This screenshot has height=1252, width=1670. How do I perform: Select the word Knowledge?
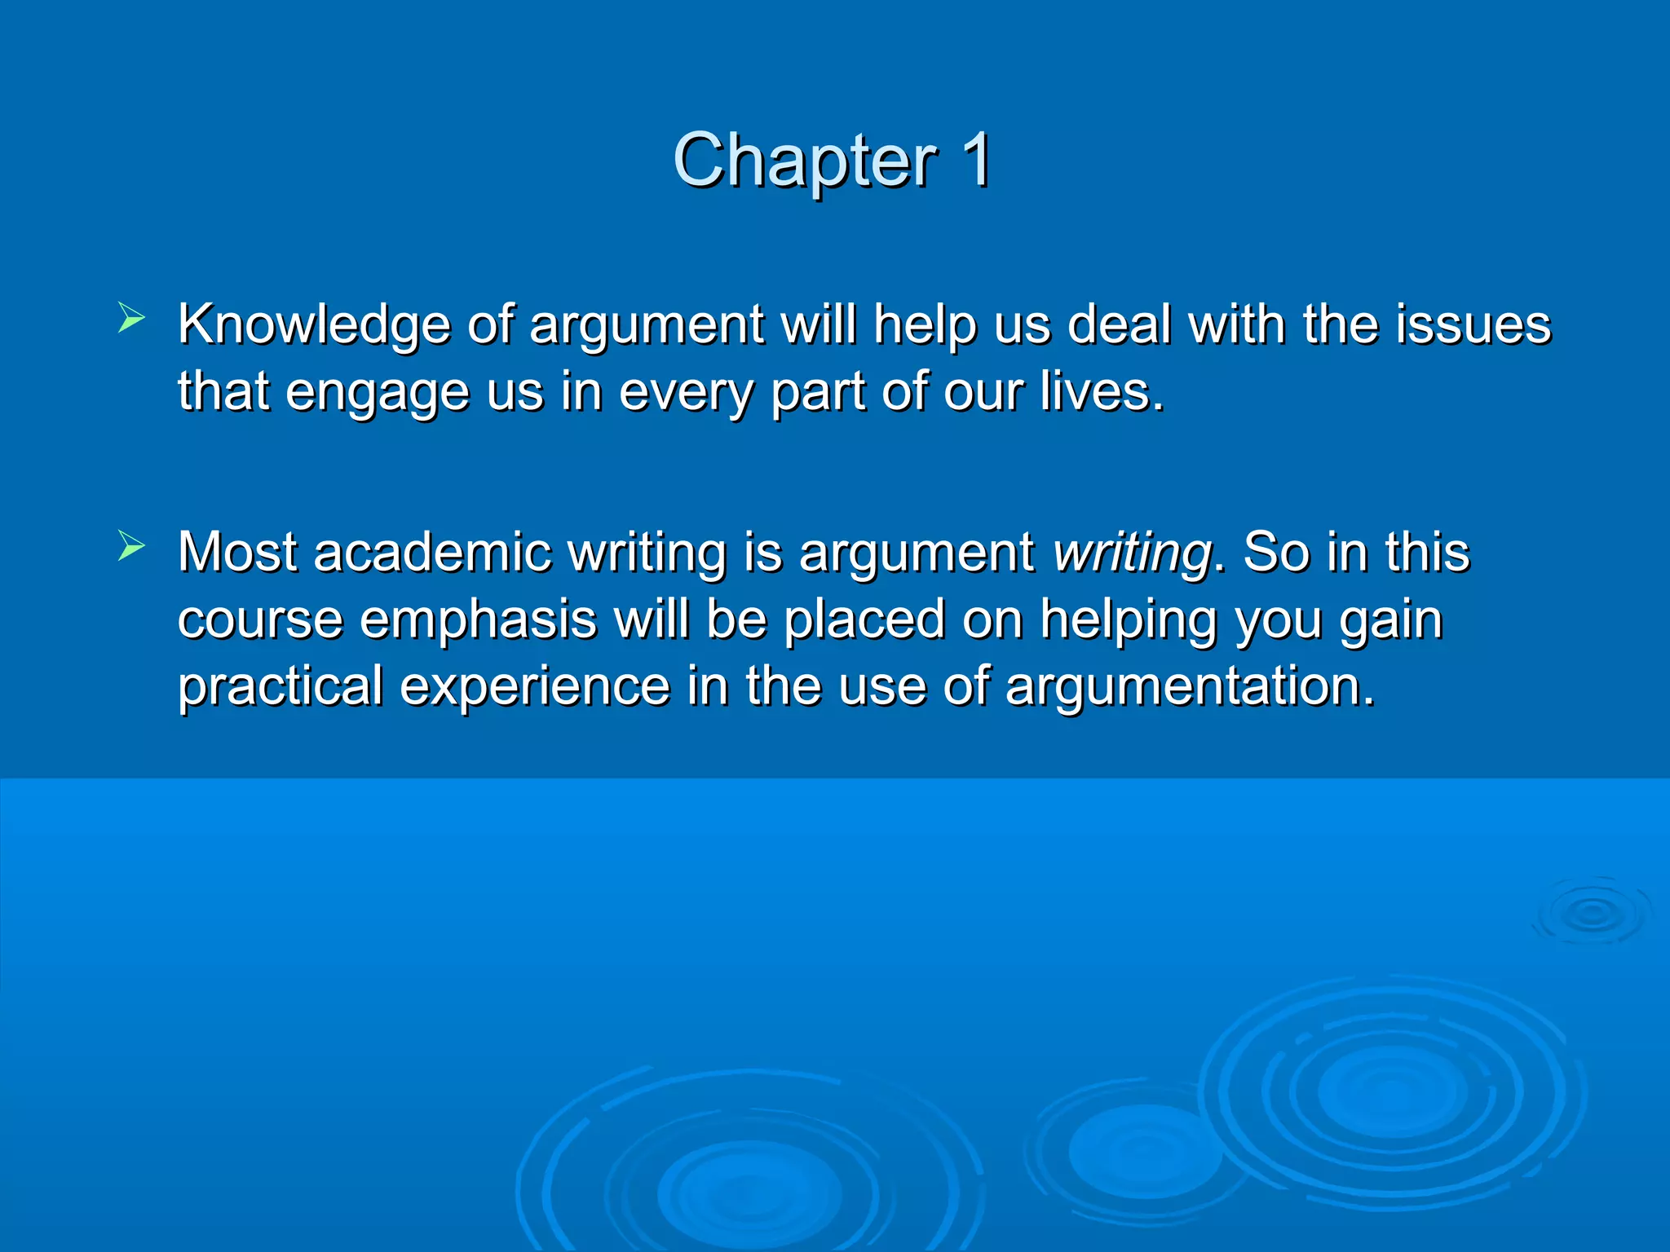tap(313, 325)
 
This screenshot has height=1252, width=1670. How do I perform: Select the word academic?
tap(431, 553)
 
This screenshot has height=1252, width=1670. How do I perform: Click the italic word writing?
tap(1132, 553)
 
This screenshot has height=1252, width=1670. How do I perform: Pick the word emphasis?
tap(478, 619)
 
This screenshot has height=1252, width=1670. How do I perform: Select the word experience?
tap(535, 686)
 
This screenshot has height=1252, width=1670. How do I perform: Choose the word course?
tap(260, 619)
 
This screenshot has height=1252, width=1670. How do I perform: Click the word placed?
tap(864, 619)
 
